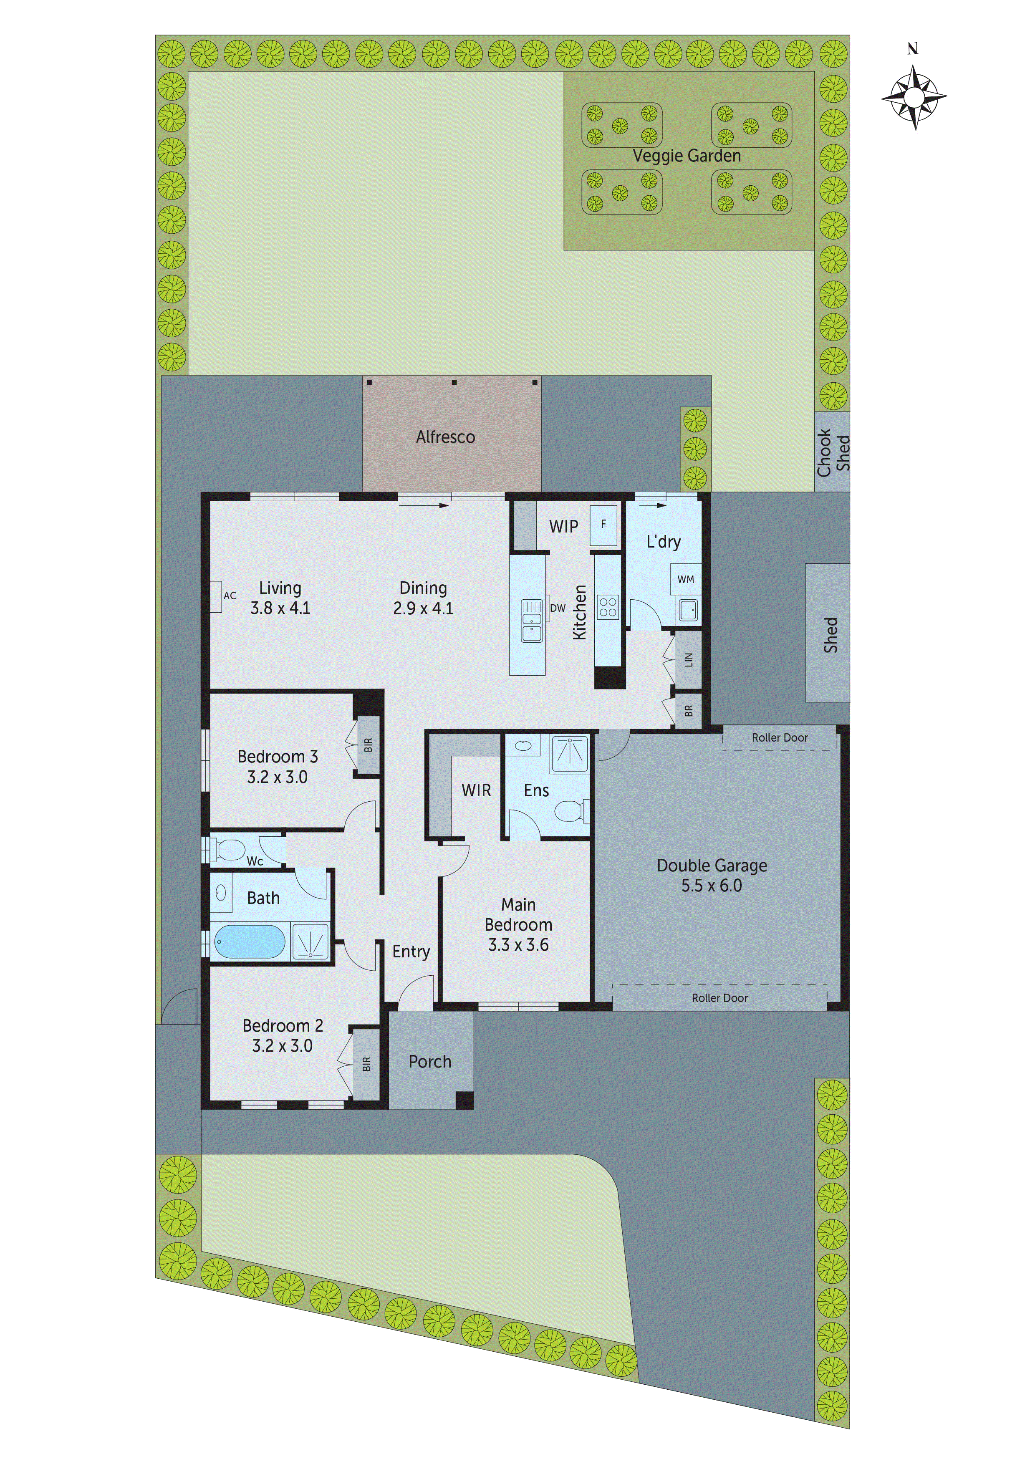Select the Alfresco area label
point(445,437)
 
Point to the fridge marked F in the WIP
point(603,524)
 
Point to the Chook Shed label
point(833,452)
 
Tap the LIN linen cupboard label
point(688,659)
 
